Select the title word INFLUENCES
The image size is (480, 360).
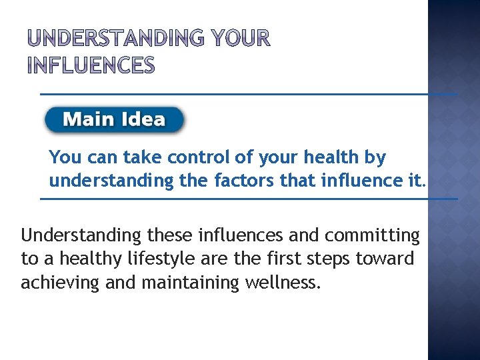click(x=91, y=66)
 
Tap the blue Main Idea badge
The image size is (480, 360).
click(x=115, y=120)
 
